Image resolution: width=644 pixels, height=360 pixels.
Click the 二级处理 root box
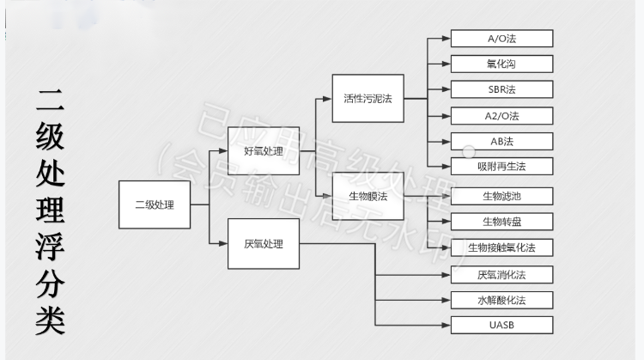point(155,204)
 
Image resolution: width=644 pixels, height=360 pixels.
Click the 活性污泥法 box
point(368,98)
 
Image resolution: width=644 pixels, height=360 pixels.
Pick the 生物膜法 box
point(368,196)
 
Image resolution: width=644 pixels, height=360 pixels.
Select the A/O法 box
point(501,39)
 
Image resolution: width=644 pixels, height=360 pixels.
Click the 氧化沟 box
point(501,64)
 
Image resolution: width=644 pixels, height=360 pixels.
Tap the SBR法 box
point(501,89)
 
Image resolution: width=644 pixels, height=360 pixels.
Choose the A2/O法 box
point(501,115)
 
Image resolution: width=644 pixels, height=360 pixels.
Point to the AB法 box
point(501,141)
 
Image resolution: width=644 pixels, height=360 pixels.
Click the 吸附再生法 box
point(501,167)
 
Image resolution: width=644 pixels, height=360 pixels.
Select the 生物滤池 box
point(501,196)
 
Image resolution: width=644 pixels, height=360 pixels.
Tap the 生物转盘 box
point(501,222)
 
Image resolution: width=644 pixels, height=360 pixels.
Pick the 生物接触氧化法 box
point(501,247)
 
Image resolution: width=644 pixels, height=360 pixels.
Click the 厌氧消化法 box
point(501,275)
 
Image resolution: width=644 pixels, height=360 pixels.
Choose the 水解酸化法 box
point(501,300)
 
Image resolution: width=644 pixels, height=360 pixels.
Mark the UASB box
point(501,325)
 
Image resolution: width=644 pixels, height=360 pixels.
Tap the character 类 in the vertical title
point(50,319)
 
